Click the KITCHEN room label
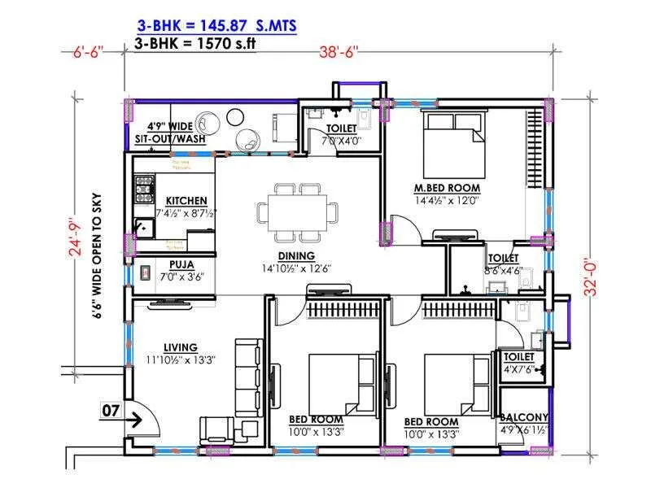pos(186,200)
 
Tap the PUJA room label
pos(181,264)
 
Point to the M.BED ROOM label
pos(448,187)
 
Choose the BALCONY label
pos(525,417)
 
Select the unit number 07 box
pos(111,411)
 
